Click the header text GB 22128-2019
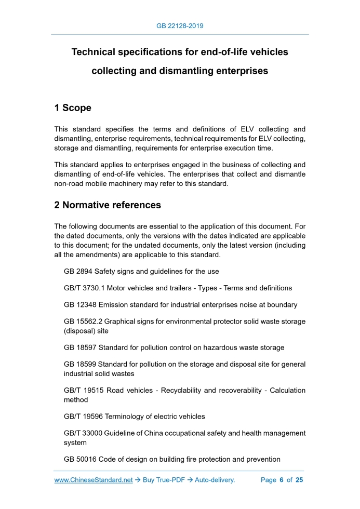click(x=180, y=25)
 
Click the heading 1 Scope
click(x=73, y=108)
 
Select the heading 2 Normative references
click(x=108, y=205)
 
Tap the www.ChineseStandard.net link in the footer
click(x=94, y=480)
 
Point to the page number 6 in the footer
click(x=281, y=480)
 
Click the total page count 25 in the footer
click(x=299, y=480)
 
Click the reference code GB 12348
click(x=81, y=304)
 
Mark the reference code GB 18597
click(x=81, y=347)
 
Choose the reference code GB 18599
click(x=81, y=364)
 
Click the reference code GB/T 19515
click(x=83, y=390)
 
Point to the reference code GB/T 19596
click(x=83, y=416)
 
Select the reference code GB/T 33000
click(x=83, y=433)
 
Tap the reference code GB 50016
click(x=81, y=459)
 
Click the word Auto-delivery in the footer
click(x=215, y=480)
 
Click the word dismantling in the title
click(x=187, y=71)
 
